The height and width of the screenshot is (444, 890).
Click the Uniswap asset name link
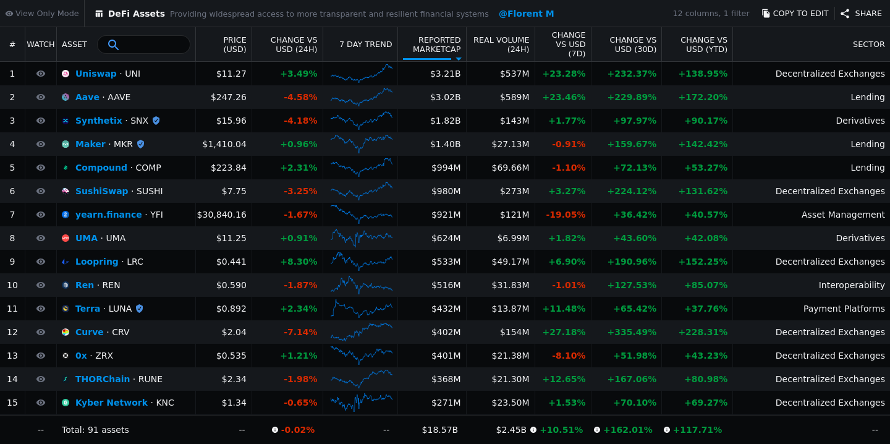pyautogui.click(x=96, y=74)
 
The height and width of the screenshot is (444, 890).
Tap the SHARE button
pyautogui.click(x=862, y=14)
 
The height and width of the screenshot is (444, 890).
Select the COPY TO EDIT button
pyautogui.click(x=795, y=14)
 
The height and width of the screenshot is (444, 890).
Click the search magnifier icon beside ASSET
pyautogui.click(x=113, y=45)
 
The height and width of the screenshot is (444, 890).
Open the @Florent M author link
pyautogui.click(x=526, y=14)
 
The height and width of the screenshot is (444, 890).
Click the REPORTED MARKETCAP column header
pyautogui.click(x=436, y=45)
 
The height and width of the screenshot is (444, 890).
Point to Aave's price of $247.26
pyautogui.click(x=229, y=97)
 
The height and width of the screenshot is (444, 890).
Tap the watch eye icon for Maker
pyautogui.click(x=41, y=144)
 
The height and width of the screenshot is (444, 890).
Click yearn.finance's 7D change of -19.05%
pyautogui.click(x=566, y=215)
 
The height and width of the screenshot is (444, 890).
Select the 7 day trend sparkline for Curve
pyautogui.click(x=361, y=331)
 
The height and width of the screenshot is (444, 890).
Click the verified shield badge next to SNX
pyautogui.click(x=156, y=121)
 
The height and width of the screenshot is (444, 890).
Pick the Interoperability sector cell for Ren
pyautogui.click(x=852, y=286)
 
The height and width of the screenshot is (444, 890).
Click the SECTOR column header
pyautogui.click(x=868, y=45)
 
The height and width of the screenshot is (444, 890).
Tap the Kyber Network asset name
pyautogui.click(x=111, y=403)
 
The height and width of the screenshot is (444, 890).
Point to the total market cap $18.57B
pyautogui.click(x=439, y=430)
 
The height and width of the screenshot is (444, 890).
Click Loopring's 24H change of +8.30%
pyautogui.click(x=299, y=262)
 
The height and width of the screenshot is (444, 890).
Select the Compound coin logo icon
pyautogui.click(x=66, y=168)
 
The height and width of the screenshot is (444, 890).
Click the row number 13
pyautogui.click(x=12, y=356)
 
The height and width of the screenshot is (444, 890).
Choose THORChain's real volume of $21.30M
pyautogui.click(x=510, y=379)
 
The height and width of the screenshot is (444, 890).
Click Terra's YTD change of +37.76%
pyautogui.click(x=706, y=309)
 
